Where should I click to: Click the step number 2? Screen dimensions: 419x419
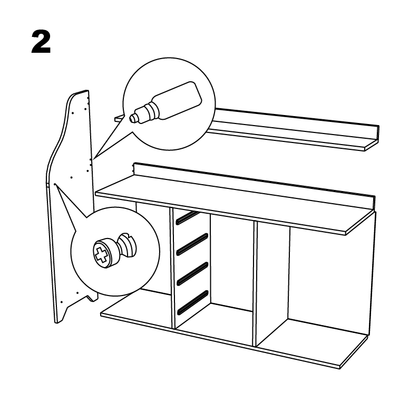tap(41, 42)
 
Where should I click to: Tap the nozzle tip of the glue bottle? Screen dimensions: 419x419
tap(132, 118)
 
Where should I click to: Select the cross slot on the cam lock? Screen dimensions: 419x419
tap(101, 254)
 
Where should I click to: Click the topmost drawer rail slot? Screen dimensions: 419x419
tap(188, 216)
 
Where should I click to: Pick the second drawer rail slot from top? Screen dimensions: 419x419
tap(192, 244)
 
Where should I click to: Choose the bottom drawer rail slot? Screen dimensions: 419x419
tap(192, 302)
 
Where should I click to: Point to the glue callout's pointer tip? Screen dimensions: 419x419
tap(93, 158)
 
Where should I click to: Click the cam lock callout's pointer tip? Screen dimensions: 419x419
tap(55, 185)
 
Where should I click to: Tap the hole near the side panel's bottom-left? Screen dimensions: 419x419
tap(62, 302)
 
